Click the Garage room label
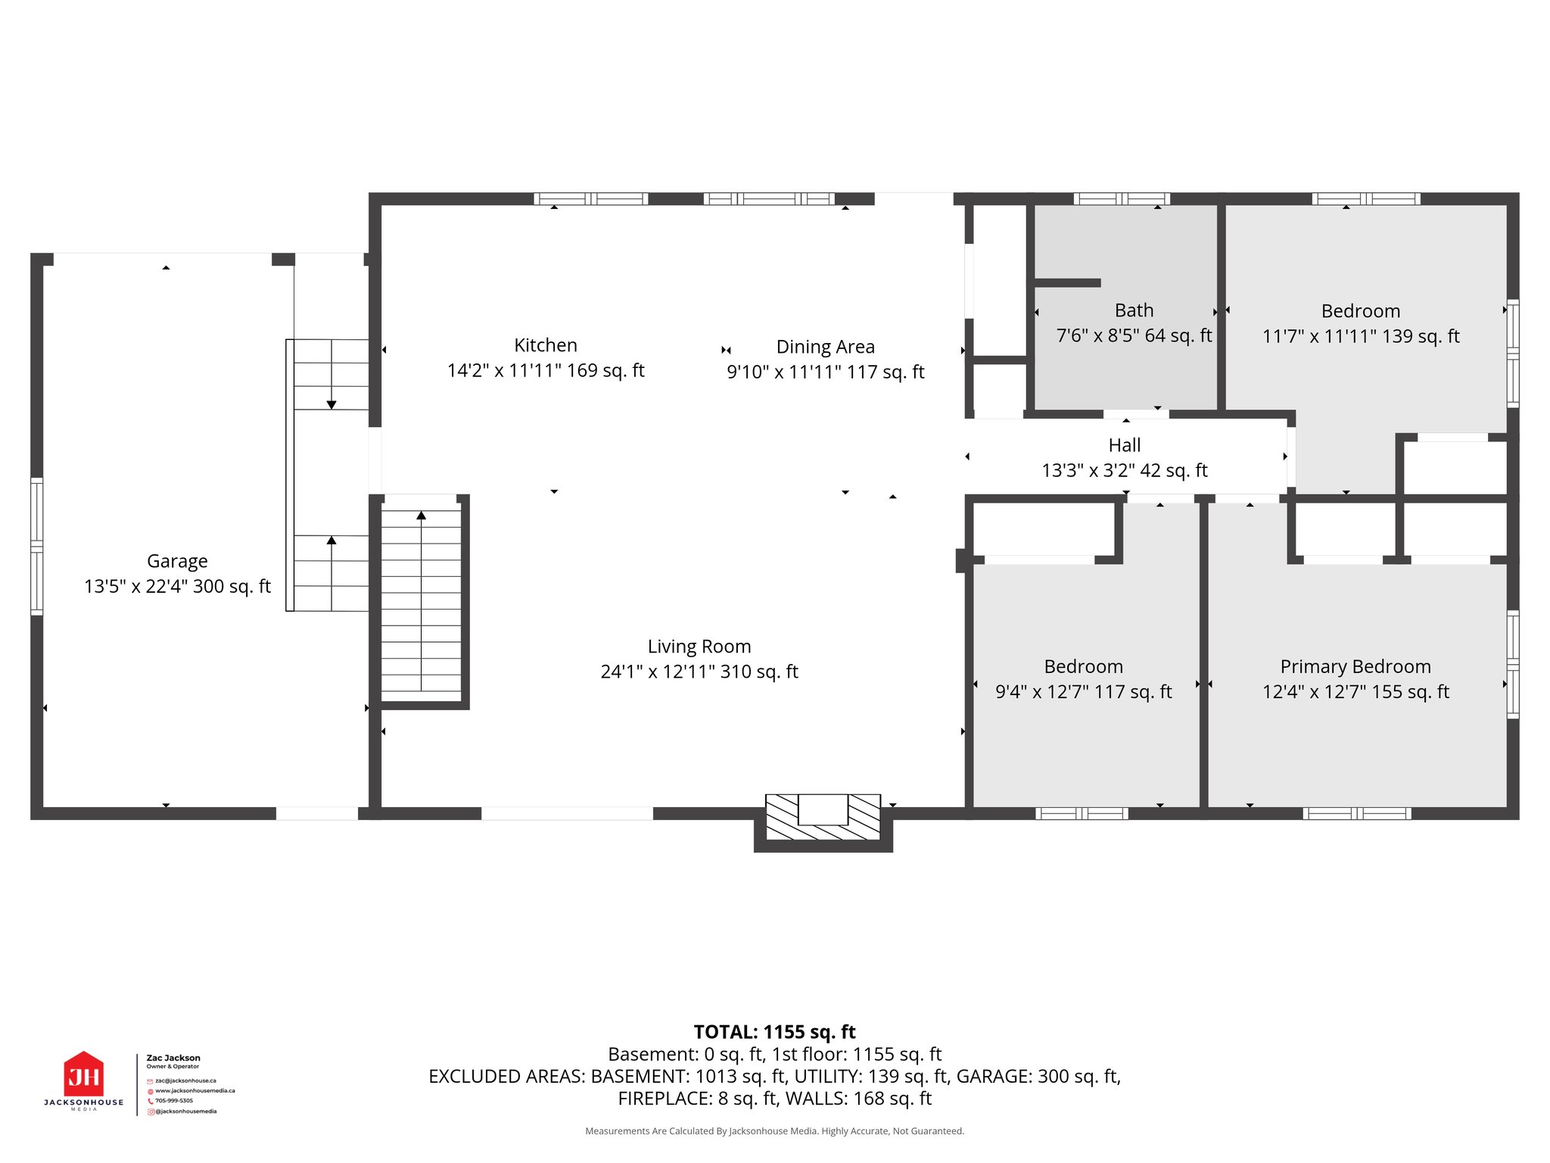[x=177, y=561]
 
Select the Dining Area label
[x=825, y=347]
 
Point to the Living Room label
[x=699, y=647]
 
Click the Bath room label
[x=1134, y=310]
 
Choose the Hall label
[x=1124, y=445]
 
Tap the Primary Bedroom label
[x=1355, y=666]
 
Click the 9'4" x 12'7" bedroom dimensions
[x=1082, y=691]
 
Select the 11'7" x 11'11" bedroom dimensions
[x=1360, y=336]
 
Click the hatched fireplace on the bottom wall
[x=823, y=818]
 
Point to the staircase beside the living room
[x=421, y=602]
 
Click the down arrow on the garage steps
[x=331, y=404]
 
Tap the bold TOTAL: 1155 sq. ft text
[x=774, y=1032]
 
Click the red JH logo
[x=83, y=1074]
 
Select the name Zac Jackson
[x=173, y=1058]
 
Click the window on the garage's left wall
[x=36, y=545]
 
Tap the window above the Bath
[x=1122, y=199]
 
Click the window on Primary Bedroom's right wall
[x=1512, y=664]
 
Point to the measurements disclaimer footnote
[x=774, y=1131]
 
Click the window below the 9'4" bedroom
[x=1082, y=813]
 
